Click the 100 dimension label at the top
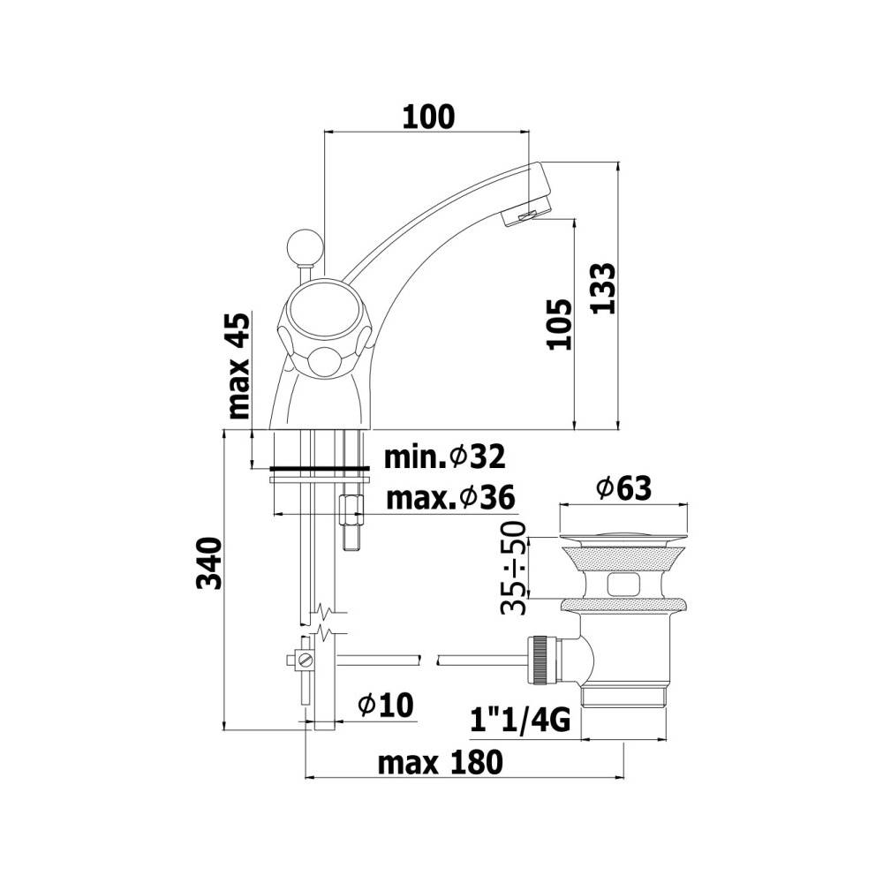coord(428,117)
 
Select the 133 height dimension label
coord(604,288)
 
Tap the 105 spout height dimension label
coord(560,324)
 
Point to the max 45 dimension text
coord(238,366)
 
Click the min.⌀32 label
coord(445,457)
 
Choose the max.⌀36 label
coord(450,498)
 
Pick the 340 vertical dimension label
coord(209,563)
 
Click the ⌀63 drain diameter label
coord(624,488)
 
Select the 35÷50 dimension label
coord(514,567)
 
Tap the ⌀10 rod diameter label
coord(386,705)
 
